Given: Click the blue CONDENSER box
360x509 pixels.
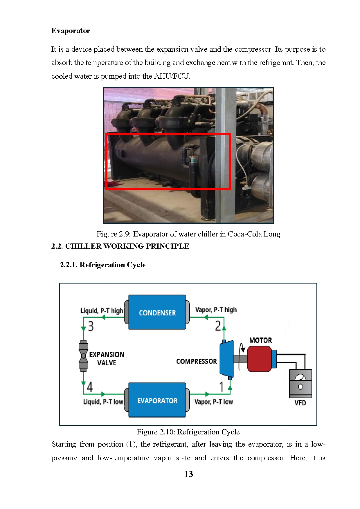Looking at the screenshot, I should [x=157, y=312].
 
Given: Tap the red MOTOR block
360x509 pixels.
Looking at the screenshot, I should [x=259, y=359].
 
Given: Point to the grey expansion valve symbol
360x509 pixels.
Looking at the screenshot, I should [x=83, y=355].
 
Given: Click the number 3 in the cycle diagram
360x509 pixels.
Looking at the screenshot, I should [x=91, y=326].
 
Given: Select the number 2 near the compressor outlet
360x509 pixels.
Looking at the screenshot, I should [x=218, y=326].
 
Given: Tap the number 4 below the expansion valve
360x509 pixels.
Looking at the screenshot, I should [x=90, y=387].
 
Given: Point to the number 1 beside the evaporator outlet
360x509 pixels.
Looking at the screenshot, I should [x=222, y=387].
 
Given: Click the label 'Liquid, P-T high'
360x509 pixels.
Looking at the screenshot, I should [x=102, y=311].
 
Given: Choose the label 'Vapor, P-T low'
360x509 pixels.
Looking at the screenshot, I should [x=214, y=402].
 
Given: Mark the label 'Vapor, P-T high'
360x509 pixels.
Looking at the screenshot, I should [x=216, y=310].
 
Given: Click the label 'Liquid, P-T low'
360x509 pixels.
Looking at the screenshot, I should [x=103, y=402].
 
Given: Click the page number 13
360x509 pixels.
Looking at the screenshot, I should [x=188, y=474].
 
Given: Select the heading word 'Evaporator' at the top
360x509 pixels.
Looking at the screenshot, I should [x=71, y=31].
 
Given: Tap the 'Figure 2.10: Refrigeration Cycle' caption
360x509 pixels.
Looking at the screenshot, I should [x=188, y=432].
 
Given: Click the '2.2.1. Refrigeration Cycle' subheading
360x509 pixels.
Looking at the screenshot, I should [x=102, y=265].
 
